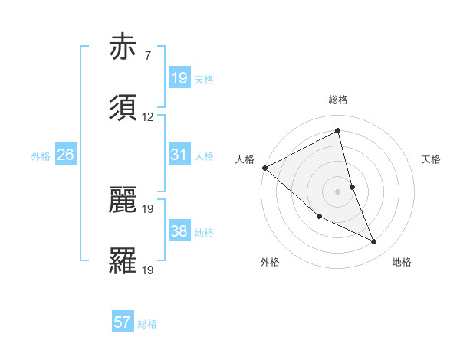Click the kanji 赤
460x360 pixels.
point(124,47)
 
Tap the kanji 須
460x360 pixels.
point(124,109)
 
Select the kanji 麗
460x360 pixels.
point(124,199)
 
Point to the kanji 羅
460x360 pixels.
point(124,260)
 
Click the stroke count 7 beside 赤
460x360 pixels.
point(147,55)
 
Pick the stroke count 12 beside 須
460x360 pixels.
point(148,117)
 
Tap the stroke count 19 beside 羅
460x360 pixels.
point(148,269)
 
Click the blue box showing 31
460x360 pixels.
point(179,155)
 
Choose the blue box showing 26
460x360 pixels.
point(65,155)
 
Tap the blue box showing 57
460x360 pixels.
point(123,323)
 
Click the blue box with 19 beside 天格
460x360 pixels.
point(179,78)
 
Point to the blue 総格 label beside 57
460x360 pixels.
point(147,324)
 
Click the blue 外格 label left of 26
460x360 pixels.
point(41,156)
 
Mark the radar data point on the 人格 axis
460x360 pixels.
point(264,168)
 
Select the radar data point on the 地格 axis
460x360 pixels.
point(374,242)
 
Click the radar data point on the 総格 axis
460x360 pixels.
point(337,131)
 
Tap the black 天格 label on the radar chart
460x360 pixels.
point(432,159)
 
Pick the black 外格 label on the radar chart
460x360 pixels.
point(270,262)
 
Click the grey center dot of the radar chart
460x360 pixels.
point(337,191)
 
